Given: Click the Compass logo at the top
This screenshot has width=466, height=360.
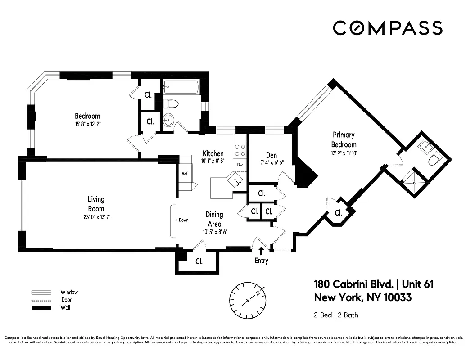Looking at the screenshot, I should click(388, 28).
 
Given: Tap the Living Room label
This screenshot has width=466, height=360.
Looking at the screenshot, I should click(95, 203).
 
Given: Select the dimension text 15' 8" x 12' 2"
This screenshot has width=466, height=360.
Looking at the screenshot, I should click(87, 124).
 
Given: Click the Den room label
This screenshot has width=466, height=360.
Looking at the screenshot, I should click(271, 155).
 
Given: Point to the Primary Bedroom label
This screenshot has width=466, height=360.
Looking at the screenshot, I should click(344, 139).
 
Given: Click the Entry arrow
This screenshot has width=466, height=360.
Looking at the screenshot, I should click(261, 251).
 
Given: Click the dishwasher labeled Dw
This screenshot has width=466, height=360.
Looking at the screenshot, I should click(240, 165).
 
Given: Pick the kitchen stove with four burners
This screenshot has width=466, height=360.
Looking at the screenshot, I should click(240, 150).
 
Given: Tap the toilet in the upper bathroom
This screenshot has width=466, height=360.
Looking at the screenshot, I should click(171, 104).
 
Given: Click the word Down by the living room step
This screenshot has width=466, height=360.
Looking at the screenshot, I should click(183, 220).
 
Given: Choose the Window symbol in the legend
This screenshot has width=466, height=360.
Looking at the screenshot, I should click(40, 292).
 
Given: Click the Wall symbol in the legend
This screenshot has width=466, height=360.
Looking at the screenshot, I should click(40, 308).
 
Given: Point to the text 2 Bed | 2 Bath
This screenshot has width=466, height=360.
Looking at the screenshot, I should click(336, 315).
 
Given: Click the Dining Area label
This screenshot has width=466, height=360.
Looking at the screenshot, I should click(215, 219).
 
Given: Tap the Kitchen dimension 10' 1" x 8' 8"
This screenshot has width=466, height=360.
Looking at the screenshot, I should click(213, 161).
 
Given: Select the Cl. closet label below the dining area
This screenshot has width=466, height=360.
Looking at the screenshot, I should click(199, 261).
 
